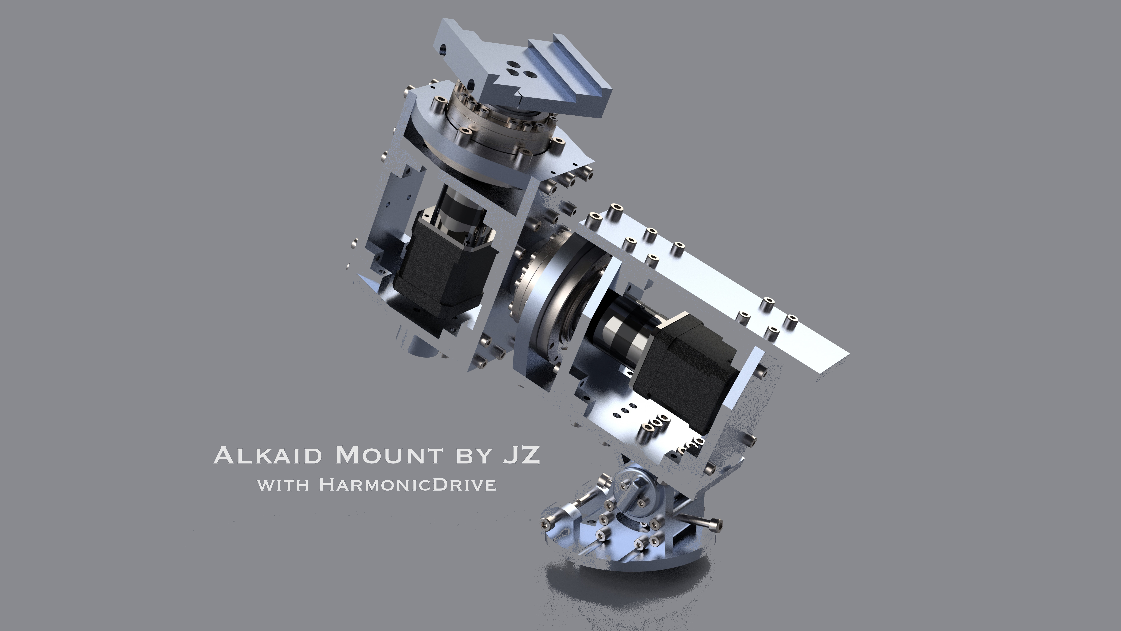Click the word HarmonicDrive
tap(408, 485)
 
